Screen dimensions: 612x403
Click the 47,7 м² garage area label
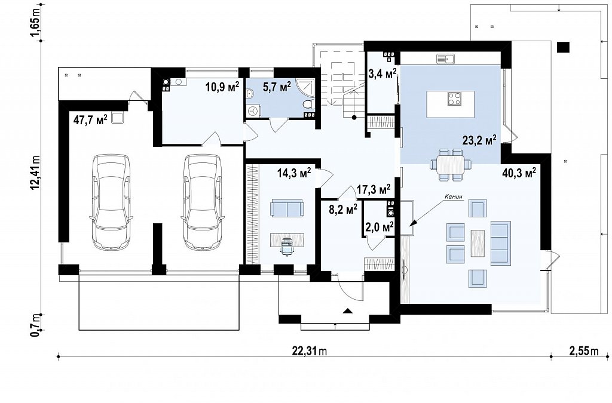(x=90, y=119)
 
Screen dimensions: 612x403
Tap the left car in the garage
(x=110, y=202)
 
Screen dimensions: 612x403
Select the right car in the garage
(x=201, y=202)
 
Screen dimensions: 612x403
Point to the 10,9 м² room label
(x=222, y=87)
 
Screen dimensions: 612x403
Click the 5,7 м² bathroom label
(x=277, y=87)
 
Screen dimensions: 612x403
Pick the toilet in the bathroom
(x=309, y=105)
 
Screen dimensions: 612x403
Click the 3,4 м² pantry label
(x=383, y=73)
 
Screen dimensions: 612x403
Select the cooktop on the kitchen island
(x=454, y=99)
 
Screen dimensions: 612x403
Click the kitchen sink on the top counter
(x=446, y=59)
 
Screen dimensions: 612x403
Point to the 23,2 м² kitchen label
(x=479, y=140)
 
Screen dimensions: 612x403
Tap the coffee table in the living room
(x=478, y=243)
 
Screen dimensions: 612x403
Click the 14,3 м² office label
(x=294, y=173)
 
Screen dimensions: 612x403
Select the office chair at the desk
(x=287, y=246)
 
